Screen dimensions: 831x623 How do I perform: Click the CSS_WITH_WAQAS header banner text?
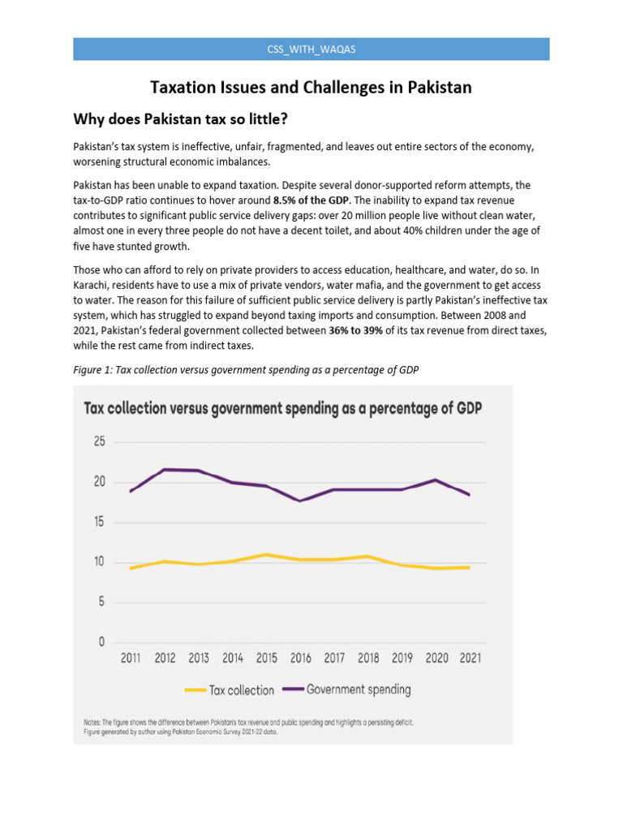(x=311, y=50)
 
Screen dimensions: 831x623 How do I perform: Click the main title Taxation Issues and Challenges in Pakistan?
(x=311, y=87)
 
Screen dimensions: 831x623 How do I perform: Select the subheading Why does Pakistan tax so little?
(x=181, y=120)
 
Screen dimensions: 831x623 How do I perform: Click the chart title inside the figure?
(x=283, y=407)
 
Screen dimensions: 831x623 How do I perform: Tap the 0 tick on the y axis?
(x=101, y=642)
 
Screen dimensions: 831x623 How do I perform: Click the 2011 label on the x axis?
(x=131, y=658)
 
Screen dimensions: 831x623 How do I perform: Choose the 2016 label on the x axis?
(x=300, y=658)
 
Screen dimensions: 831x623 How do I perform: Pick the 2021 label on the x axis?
(x=469, y=658)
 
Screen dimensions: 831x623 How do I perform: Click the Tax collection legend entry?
(x=230, y=690)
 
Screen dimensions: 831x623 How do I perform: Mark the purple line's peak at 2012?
(x=165, y=469)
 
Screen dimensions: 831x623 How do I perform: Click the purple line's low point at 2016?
(x=300, y=501)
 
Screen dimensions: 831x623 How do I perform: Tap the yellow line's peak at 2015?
(x=266, y=554)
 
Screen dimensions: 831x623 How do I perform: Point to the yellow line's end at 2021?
(x=468, y=567)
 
